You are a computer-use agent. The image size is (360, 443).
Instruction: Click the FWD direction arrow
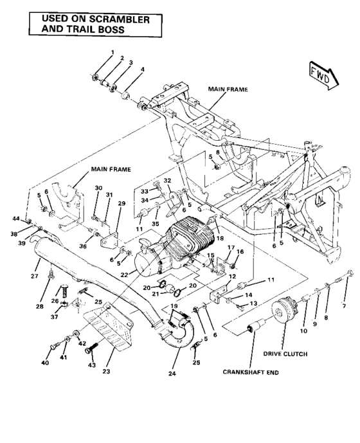tap(321, 73)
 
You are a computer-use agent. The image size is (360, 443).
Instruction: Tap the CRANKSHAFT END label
tap(251, 372)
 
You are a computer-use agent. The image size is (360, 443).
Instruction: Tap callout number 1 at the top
tap(111, 52)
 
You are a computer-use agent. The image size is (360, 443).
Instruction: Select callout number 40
tap(45, 363)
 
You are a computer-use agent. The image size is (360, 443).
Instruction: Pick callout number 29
tap(120, 203)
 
